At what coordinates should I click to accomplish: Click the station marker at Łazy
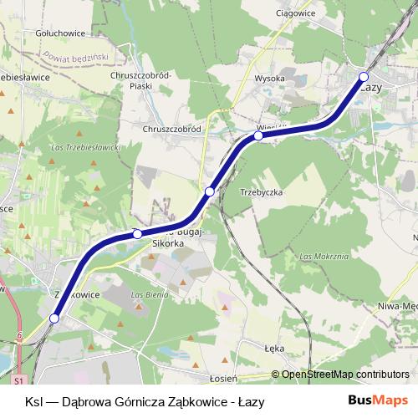[364, 77]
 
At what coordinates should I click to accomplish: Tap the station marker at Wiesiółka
[259, 135]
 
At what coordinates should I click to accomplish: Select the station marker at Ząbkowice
[54, 318]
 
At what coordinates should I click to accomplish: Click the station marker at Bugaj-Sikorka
[138, 234]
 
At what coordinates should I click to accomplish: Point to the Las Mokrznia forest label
[324, 256]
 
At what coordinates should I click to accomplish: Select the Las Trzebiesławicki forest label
[87, 147]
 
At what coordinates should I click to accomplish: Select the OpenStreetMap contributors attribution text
[345, 375]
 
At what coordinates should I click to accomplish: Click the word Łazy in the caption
[250, 401]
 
